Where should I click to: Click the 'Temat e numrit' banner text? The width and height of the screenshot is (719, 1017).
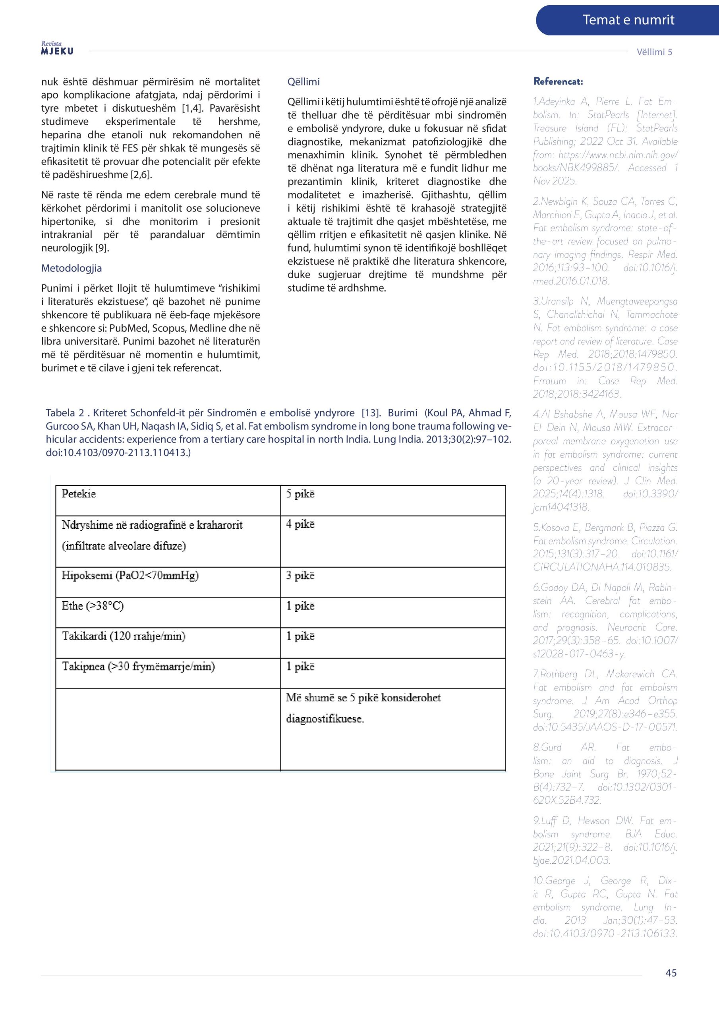tap(628, 20)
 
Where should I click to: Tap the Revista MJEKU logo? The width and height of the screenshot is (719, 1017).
tap(57, 48)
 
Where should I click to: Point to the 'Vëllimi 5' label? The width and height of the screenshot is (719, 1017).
tap(654, 52)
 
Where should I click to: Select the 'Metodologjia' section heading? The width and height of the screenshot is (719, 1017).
tap(72, 268)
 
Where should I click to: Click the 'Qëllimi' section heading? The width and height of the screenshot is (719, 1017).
tap(303, 81)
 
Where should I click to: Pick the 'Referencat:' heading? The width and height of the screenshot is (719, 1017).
tap(558, 81)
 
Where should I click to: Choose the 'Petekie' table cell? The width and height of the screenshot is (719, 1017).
tap(79, 494)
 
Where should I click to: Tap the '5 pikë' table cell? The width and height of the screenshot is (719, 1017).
tap(300, 494)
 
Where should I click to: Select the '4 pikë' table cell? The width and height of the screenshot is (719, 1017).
tap(300, 524)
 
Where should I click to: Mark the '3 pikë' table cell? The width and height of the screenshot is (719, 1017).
tap(300, 575)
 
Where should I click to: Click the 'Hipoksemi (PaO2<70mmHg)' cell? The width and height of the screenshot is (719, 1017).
tap(130, 575)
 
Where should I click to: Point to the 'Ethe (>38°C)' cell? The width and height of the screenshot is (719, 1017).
tap(93, 605)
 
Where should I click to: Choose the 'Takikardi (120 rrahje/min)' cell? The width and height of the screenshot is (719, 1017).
tap(124, 636)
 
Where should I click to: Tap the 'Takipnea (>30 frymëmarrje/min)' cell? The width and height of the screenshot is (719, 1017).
tap(138, 666)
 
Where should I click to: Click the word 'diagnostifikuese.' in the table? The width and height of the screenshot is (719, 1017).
tap(325, 719)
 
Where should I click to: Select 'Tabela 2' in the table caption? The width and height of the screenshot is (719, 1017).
tap(65, 413)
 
